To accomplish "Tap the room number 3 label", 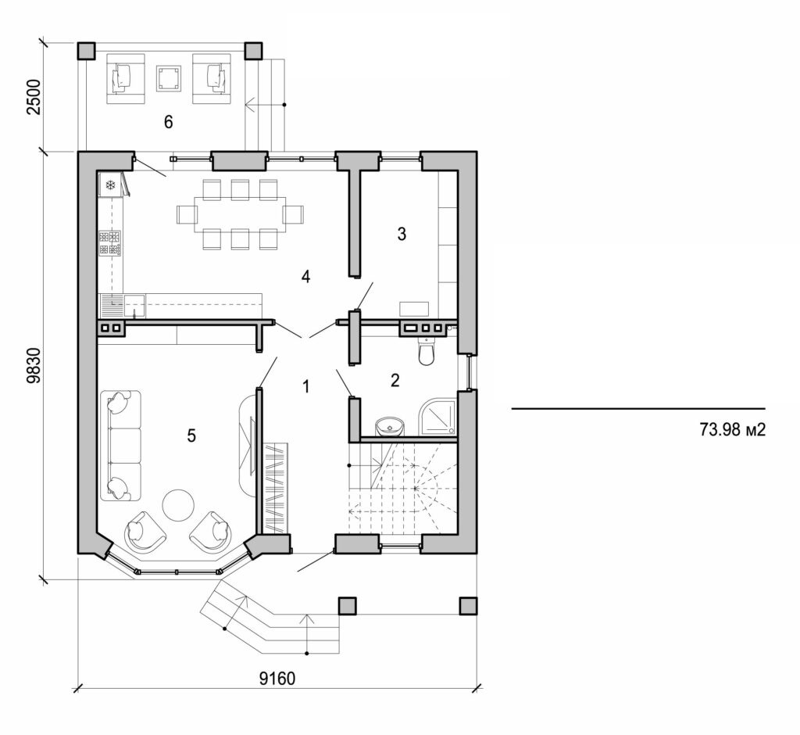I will coord(402,233).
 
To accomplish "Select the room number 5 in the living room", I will coord(191,436).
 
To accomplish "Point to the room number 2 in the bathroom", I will coord(395,381).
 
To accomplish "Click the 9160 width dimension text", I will coord(277,677).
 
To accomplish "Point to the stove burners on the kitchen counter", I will coord(109,242).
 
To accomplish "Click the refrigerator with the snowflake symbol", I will coord(110,185).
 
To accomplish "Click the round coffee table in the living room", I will coord(179,505).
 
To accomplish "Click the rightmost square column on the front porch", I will coord(468,607).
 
